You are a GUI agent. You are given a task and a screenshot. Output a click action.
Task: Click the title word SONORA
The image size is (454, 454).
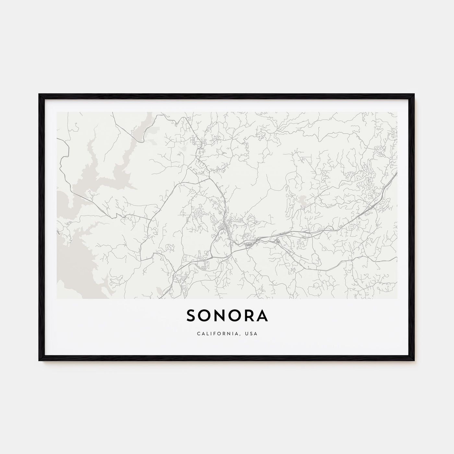coord(227,316)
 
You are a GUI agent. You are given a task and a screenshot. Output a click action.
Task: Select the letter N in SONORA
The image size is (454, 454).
coord(220,316)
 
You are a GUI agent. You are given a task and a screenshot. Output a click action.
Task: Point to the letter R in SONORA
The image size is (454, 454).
coord(249,316)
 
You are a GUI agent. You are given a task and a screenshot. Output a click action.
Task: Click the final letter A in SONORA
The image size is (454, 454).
coord(262,316)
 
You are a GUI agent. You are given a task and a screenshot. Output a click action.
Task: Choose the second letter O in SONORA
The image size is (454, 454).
coord(234,316)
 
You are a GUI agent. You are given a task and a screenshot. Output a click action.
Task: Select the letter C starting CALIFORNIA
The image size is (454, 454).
coord(197,333)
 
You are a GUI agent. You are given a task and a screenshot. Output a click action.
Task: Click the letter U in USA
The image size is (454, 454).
coord(248,333)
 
